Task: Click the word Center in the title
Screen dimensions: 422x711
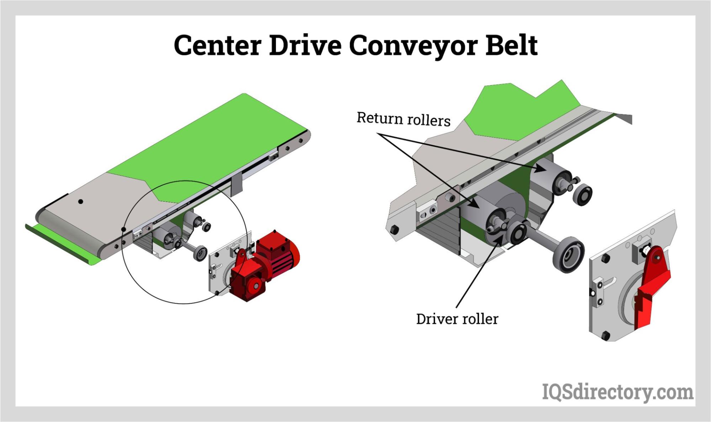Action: tap(217, 46)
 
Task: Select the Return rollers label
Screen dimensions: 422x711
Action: tap(403, 119)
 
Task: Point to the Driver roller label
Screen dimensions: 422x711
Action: tap(457, 319)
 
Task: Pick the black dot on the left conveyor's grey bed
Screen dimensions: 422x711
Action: tap(81, 202)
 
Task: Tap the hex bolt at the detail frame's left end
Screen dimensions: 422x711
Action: tap(394, 229)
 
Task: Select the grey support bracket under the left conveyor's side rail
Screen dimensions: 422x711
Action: tap(237, 185)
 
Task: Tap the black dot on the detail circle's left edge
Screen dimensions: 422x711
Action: tap(123, 229)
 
